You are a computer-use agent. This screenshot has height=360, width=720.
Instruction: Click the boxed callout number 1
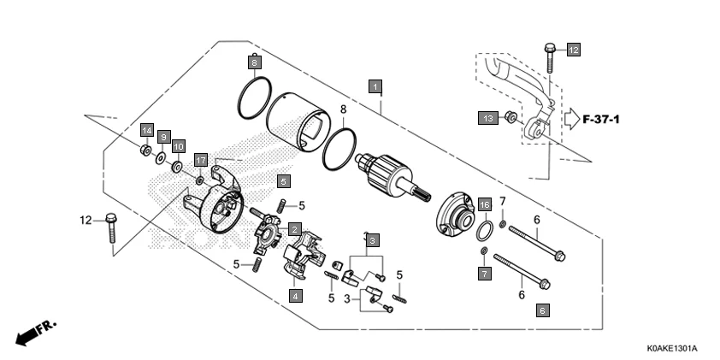(x=375, y=86)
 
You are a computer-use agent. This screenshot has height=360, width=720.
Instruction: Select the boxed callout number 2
(x=293, y=229)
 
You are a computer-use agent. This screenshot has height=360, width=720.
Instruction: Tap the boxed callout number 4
(x=294, y=296)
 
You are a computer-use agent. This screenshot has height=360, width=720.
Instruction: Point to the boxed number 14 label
(x=146, y=130)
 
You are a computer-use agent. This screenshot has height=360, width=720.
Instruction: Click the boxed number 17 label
(x=201, y=160)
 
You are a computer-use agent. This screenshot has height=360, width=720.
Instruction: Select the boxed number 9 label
(x=162, y=137)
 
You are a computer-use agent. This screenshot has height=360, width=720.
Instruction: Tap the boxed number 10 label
(x=179, y=146)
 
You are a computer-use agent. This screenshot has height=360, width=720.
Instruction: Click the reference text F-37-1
(x=600, y=118)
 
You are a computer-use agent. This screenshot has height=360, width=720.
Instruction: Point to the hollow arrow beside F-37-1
(x=570, y=118)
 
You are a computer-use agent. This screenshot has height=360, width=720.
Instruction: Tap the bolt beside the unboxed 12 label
(x=111, y=227)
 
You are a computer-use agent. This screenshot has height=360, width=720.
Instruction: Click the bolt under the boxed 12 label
(x=548, y=58)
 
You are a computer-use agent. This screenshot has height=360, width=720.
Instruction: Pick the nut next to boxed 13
(x=510, y=117)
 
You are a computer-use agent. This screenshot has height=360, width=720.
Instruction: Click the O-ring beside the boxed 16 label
(x=484, y=229)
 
